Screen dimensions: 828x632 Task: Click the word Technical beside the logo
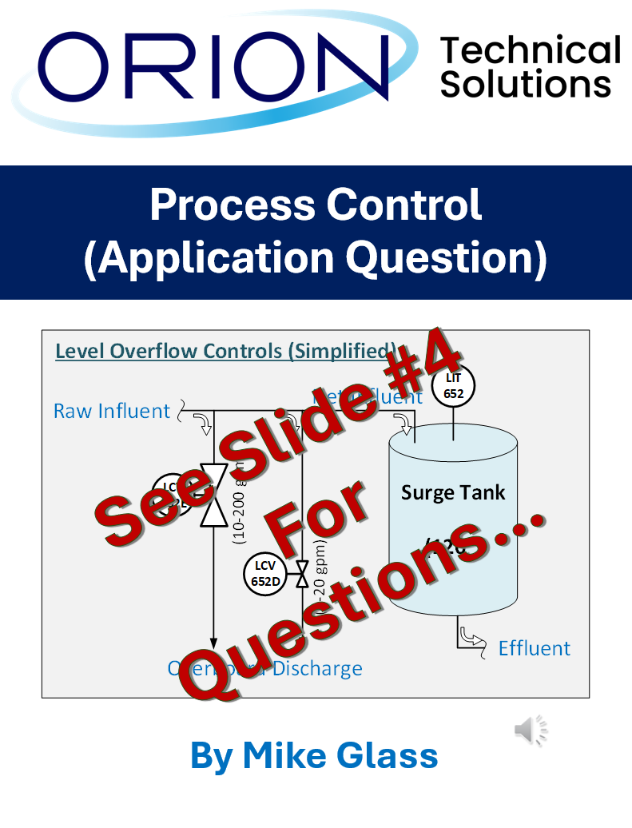[x=530, y=50]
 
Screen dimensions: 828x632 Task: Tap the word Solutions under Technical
[x=526, y=84]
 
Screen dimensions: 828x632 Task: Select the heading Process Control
[x=316, y=205]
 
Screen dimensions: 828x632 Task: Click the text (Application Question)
[x=316, y=258]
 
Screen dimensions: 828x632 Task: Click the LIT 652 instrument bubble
[x=454, y=385]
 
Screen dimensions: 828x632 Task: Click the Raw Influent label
[x=112, y=411]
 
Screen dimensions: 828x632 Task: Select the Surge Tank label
[x=453, y=492]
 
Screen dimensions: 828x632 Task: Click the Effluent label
[x=535, y=647]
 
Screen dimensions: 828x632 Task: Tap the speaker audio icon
[x=531, y=729]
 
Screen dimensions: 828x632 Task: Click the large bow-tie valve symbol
[x=214, y=495]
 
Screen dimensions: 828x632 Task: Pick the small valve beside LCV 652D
[x=302, y=574]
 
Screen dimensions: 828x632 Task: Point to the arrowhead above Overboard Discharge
[x=214, y=640]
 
